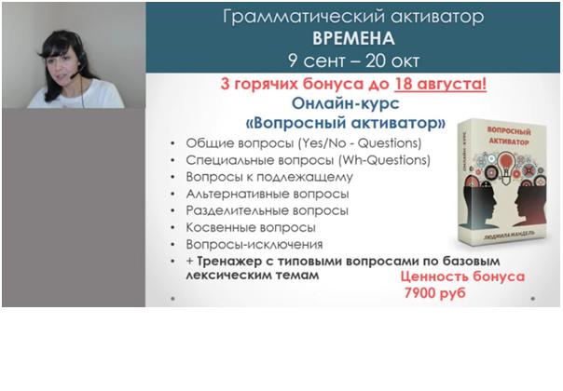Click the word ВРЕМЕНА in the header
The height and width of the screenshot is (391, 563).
point(355,40)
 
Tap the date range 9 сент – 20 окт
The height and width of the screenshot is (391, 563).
point(355,61)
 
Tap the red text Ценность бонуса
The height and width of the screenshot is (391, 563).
point(462,276)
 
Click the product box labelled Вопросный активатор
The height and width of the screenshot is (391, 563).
point(501,195)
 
